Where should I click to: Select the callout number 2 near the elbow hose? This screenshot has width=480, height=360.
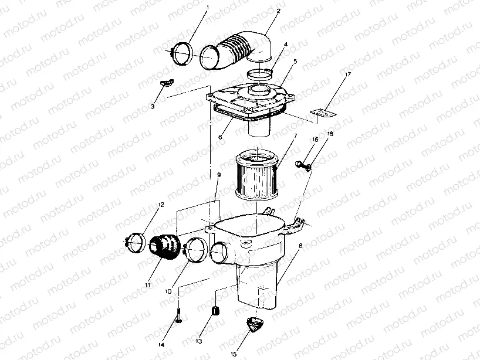[x=278, y=11]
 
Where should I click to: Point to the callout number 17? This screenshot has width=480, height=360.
[x=347, y=74]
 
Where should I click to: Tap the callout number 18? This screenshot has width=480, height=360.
[x=330, y=134]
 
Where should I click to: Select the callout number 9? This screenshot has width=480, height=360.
[x=219, y=175]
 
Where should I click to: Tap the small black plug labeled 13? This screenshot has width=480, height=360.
[x=215, y=310]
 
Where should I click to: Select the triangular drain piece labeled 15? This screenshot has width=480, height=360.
[x=254, y=325]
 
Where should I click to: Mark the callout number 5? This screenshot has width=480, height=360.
[x=295, y=61]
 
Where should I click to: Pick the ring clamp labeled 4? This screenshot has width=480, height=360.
[x=259, y=74]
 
